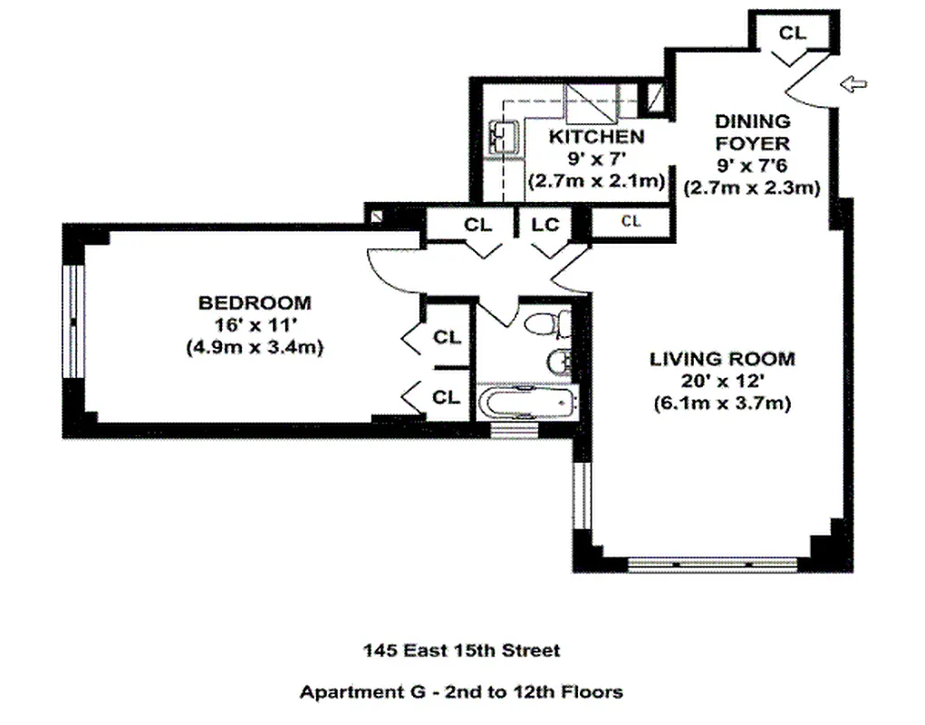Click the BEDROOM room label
tap(255, 303)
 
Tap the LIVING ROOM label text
tap(721, 359)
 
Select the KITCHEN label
tap(597, 137)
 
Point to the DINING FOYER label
tap(752, 132)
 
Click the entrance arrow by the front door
tap(853, 84)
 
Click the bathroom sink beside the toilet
tap(559, 362)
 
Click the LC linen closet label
tap(545, 224)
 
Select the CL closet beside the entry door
tap(792, 33)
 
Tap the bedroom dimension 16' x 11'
tap(255, 324)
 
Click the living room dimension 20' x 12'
tap(721, 382)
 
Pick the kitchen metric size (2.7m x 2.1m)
tap(597, 180)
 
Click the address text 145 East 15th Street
tap(461, 650)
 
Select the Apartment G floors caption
tap(461, 692)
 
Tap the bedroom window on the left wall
tap(76, 323)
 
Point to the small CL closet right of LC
tap(631, 220)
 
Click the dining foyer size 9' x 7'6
tap(752, 166)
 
